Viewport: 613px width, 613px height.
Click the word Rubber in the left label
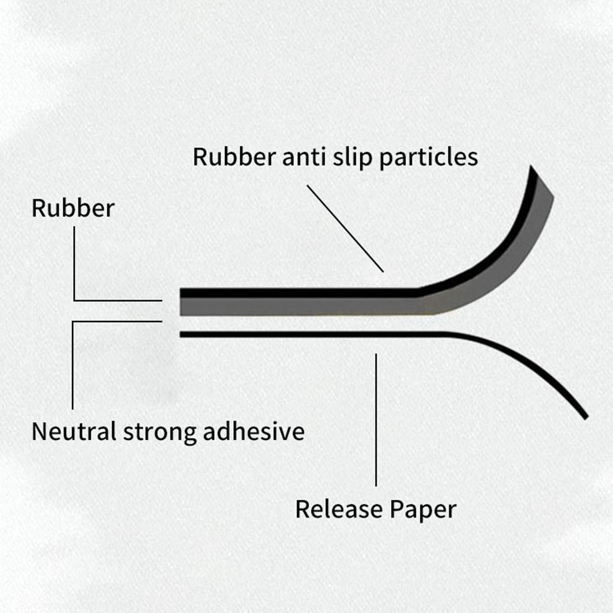[x=73, y=208]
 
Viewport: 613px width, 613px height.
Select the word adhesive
[x=254, y=432]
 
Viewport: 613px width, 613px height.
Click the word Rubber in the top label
[x=234, y=157]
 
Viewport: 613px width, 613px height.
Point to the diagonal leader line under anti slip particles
[x=345, y=228]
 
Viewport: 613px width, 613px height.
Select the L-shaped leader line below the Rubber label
[x=74, y=268]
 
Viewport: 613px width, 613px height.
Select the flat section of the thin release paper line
[x=306, y=335]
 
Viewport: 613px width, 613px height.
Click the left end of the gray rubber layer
[x=184, y=306]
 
